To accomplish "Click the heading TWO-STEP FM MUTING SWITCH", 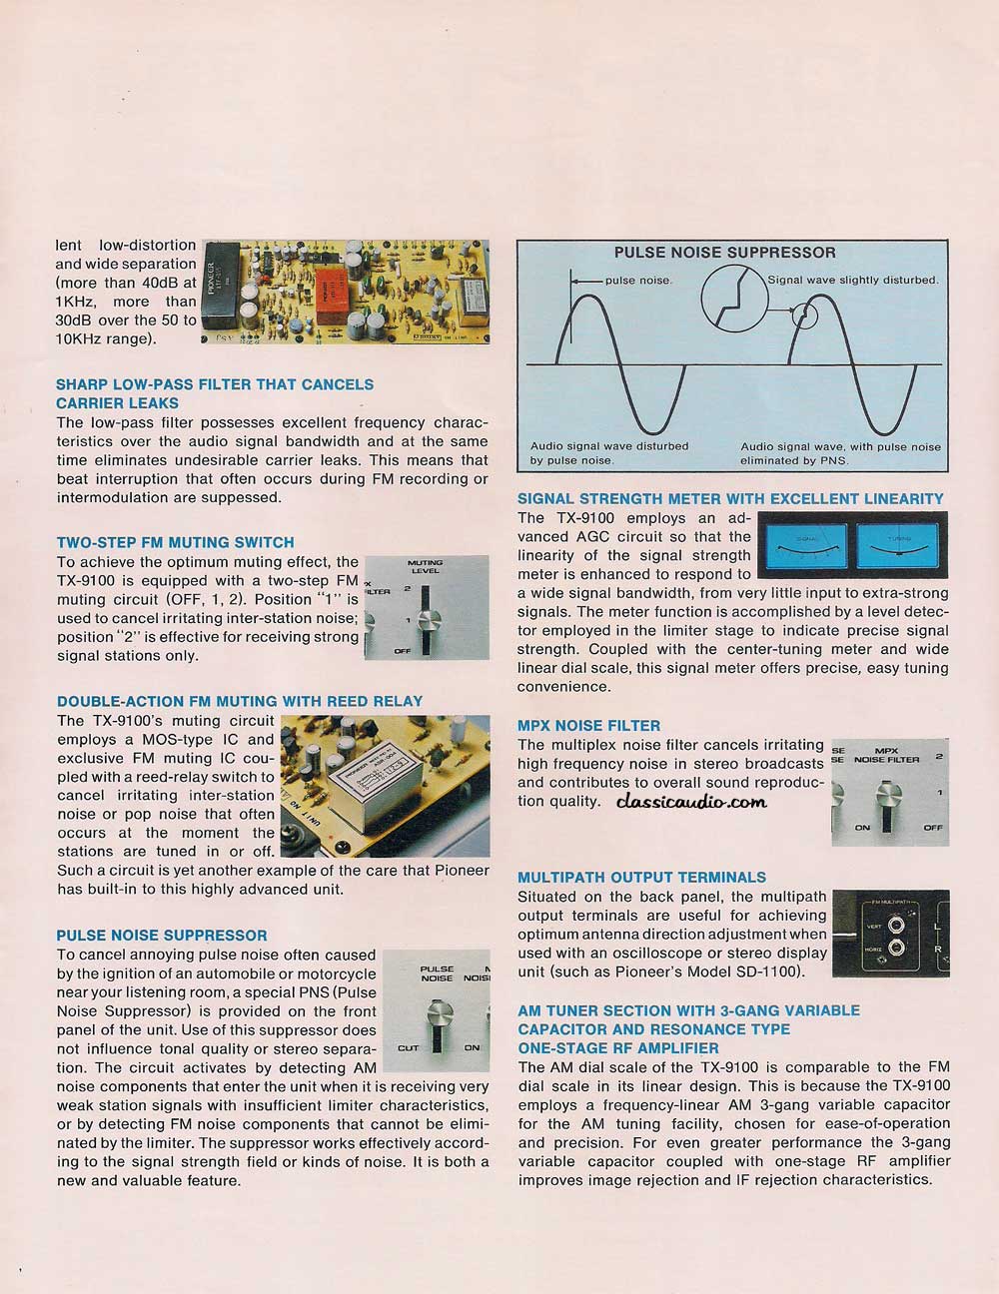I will pos(175,542).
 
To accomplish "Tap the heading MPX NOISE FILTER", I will pos(588,725).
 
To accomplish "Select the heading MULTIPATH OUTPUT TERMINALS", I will pos(641,877).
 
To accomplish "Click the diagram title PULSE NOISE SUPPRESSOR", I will pos(724,252).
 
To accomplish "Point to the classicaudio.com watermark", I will pos(691,800).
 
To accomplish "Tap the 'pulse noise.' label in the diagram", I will pos(638,281).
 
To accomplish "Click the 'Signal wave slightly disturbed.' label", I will pos(852,281).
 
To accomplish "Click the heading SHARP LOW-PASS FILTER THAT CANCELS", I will pos(215,384).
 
